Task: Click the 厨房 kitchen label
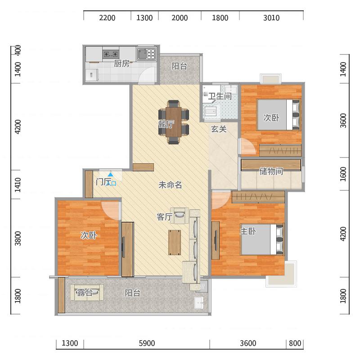(x=121, y=63)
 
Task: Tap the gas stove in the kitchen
(x=111, y=54)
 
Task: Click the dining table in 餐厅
(x=174, y=122)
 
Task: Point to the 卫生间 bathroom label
(x=220, y=96)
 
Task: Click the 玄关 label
(x=219, y=129)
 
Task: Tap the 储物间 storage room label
(x=271, y=171)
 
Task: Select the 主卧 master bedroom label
(x=248, y=231)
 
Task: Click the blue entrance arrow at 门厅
(x=111, y=175)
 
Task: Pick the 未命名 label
(x=170, y=184)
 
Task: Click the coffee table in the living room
(x=175, y=243)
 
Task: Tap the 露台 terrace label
(x=85, y=292)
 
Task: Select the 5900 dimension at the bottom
(x=147, y=343)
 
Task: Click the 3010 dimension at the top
(x=271, y=18)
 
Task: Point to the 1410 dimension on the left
(x=18, y=184)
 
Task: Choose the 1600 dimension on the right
(x=343, y=174)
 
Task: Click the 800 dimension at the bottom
(x=295, y=343)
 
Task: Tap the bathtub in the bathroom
(x=211, y=111)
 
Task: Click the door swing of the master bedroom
(x=220, y=199)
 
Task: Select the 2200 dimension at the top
(x=107, y=18)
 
